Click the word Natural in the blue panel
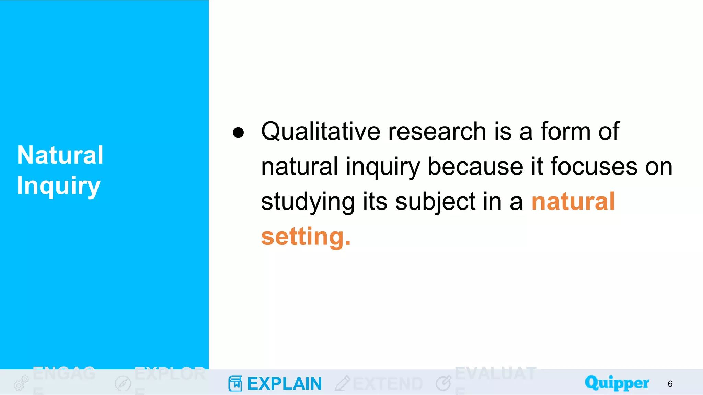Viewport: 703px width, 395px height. click(60, 155)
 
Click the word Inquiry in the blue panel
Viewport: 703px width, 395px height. click(59, 186)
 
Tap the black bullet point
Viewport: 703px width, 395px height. click(238, 132)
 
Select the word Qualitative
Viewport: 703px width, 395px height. click(321, 131)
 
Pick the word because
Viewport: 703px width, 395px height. click(476, 167)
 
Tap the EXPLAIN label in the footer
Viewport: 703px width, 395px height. click(284, 384)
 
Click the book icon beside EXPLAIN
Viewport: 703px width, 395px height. click(235, 383)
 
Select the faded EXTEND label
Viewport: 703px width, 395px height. click(388, 384)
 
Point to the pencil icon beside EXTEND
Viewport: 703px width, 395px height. click(342, 383)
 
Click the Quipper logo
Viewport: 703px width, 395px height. click(617, 383)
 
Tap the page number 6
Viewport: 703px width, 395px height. click(670, 384)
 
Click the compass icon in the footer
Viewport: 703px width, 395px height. click(123, 383)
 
